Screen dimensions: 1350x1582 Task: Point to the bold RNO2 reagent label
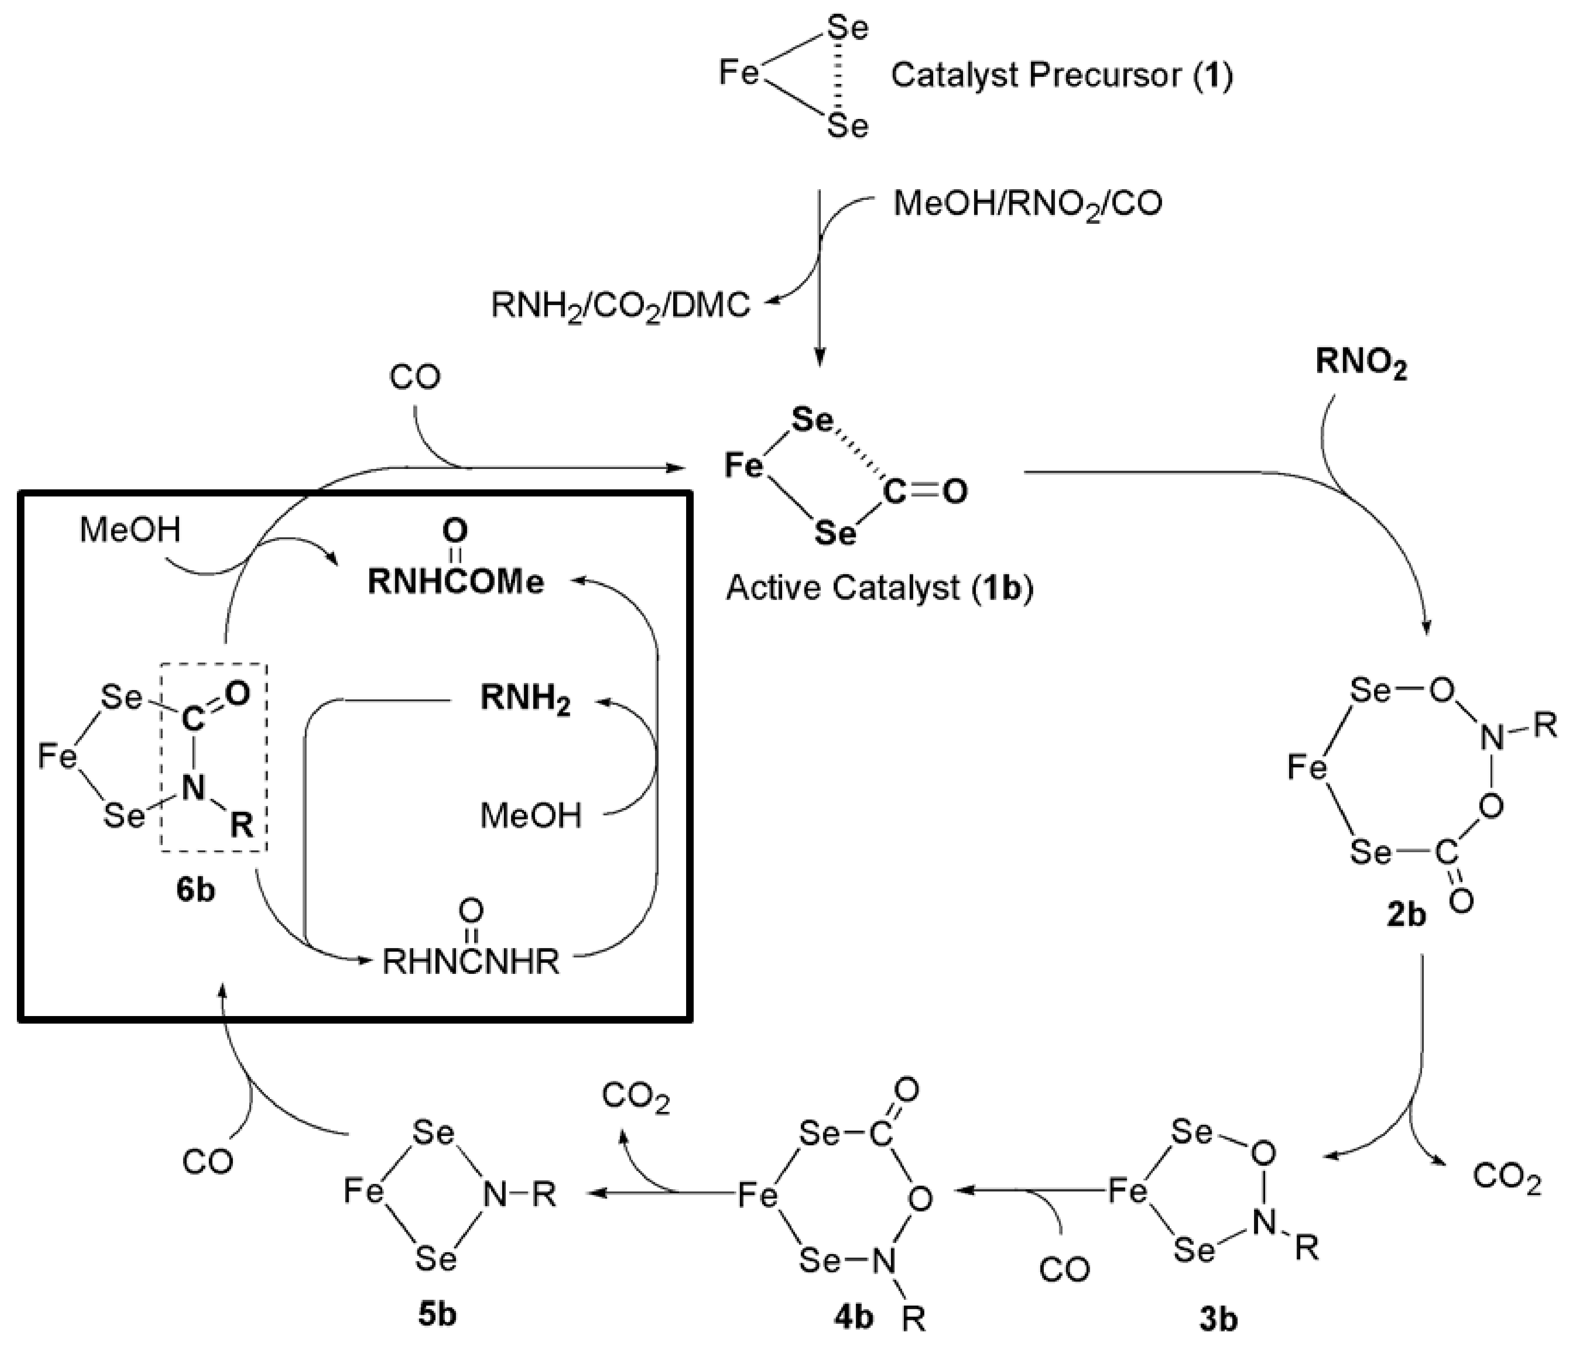tap(1361, 364)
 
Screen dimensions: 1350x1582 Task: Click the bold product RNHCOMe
tap(456, 582)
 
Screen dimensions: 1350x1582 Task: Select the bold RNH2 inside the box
tap(525, 701)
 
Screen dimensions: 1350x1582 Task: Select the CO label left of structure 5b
tap(208, 1162)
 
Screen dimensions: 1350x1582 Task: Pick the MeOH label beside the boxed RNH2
tap(531, 816)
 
